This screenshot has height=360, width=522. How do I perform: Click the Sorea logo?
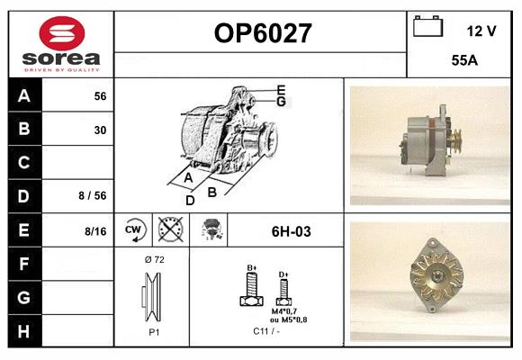[x=61, y=46]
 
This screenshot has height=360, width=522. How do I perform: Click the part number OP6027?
[x=262, y=34]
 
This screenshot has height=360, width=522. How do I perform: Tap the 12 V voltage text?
[x=481, y=31]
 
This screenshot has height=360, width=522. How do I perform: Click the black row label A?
[x=23, y=96]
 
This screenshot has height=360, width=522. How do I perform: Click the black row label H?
[x=23, y=330]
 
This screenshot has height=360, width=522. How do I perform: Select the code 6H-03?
[x=291, y=231]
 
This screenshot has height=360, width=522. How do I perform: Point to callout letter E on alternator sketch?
[x=281, y=90]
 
